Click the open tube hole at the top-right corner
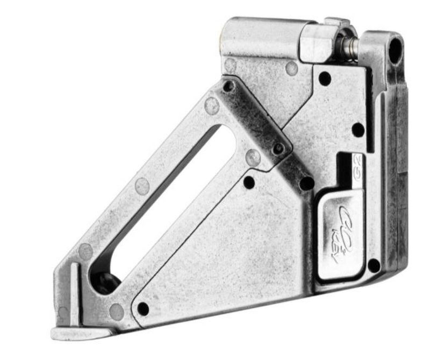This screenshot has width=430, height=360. pyautogui.click(x=395, y=49)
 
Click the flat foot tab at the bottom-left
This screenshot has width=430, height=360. pyautogui.click(x=75, y=333)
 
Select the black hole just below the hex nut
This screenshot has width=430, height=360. pyautogui.click(x=324, y=79)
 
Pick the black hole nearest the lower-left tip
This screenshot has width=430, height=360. pyautogui.click(x=143, y=309)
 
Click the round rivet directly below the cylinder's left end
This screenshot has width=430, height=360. pyautogui.click(x=230, y=65)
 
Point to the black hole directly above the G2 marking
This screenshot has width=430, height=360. pyautogui.click(x=357, y=129)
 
